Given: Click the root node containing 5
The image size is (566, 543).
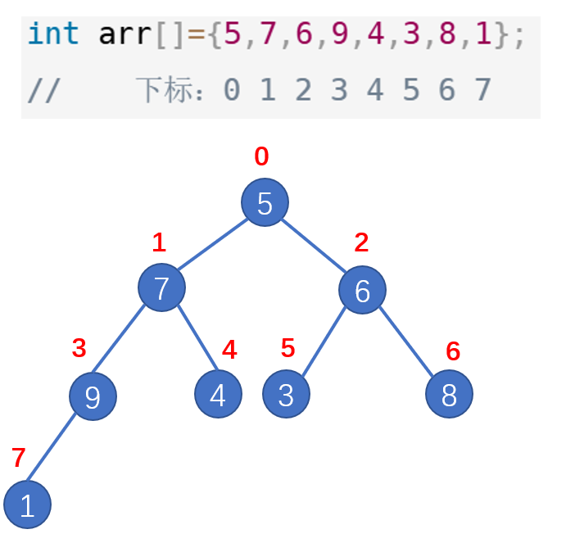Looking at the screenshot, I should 265,202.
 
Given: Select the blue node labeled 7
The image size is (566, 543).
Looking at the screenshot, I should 161,287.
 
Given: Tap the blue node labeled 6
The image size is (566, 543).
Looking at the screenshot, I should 362,289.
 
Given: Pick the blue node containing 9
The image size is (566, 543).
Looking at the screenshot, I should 93,396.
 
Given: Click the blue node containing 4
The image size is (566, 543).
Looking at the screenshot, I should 218,394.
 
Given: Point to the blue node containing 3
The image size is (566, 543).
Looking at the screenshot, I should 286,394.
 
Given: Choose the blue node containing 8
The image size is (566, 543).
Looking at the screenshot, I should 449,394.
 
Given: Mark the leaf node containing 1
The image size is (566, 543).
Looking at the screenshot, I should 27,505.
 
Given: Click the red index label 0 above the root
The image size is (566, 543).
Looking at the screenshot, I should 261,157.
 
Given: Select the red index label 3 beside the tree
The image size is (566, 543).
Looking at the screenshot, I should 79,348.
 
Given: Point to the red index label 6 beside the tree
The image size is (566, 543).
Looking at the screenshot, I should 453,351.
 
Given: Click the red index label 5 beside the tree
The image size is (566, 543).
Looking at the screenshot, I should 288,348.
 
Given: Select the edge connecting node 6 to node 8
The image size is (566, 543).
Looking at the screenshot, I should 407,342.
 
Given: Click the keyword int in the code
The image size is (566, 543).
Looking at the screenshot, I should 53,35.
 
